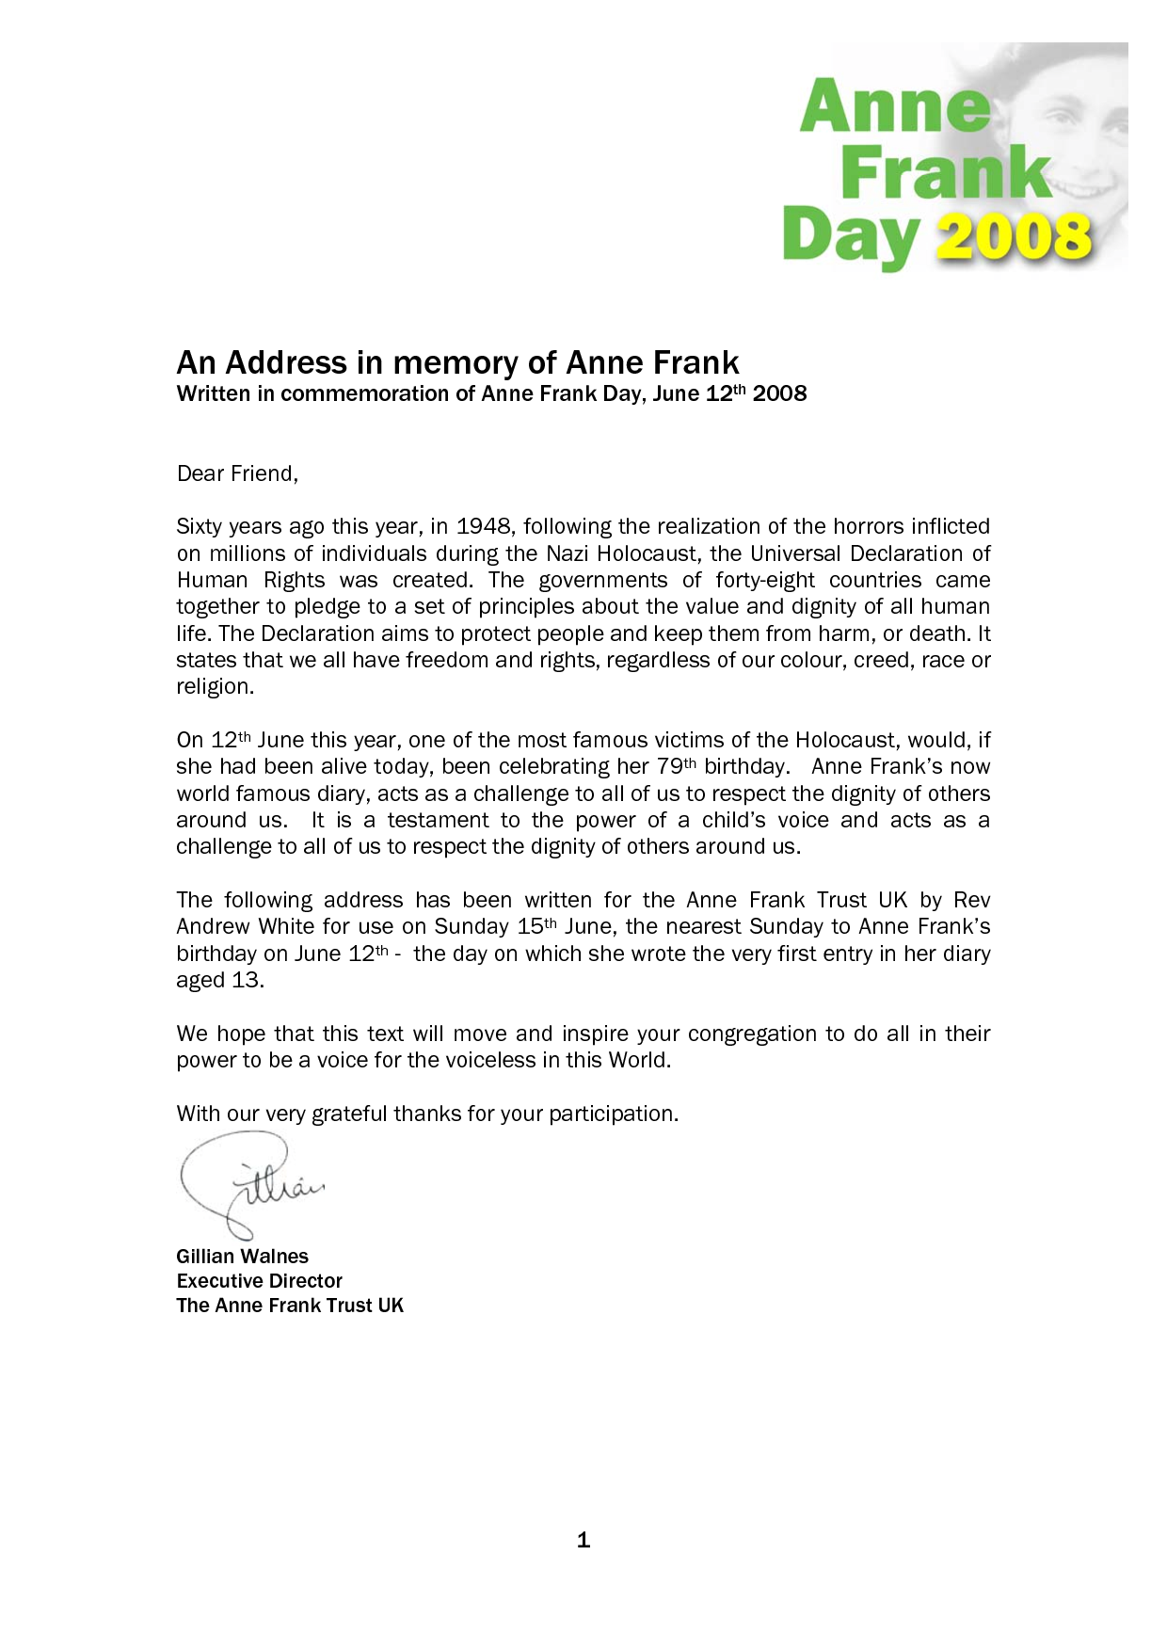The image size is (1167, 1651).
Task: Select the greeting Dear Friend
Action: point(237,473)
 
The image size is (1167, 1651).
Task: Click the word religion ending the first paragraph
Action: point(215,686)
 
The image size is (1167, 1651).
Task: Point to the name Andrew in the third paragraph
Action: point(213,926)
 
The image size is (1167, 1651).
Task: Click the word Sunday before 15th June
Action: point(472,926)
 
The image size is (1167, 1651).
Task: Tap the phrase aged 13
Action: point(220,980)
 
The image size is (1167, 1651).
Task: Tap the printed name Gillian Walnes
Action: point(242,1257)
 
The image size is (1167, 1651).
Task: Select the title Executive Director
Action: point(259,1281)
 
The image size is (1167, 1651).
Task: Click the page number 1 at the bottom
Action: point(583,1540)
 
